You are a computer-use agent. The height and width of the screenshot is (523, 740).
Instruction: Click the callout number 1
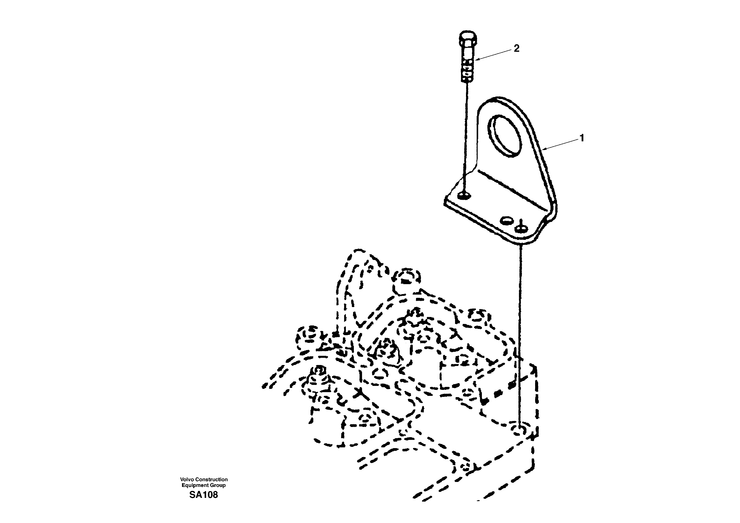(x=582, y=138)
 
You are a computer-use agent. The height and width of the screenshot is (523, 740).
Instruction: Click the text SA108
(x=203, y=495)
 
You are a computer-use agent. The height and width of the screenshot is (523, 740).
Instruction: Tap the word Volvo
(x=186, y=479)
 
